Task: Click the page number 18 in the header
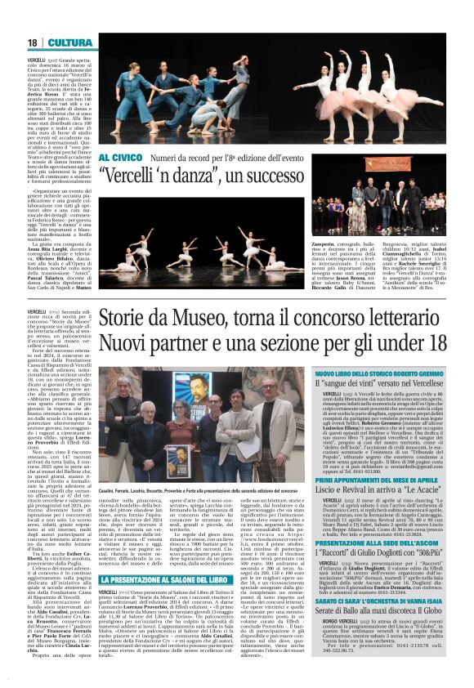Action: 33,42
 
